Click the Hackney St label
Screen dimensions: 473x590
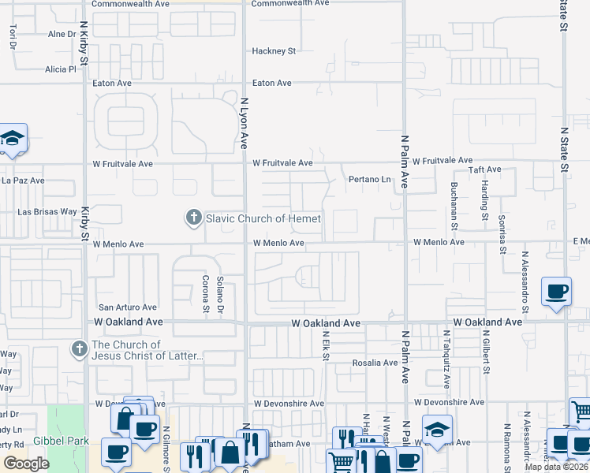pos(273,51)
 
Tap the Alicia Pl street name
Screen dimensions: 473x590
pos(60,69)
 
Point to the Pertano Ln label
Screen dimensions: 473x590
pos(370,180)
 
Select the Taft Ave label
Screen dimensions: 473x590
pos(485,169)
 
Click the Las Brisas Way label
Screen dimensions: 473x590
pos(47,212)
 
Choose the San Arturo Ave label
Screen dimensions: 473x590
pos(127,307)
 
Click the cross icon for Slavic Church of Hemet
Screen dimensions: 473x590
pos(193,218)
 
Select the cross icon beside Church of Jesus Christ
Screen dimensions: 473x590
pos(78,348)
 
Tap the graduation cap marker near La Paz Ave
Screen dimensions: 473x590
pos(12,140)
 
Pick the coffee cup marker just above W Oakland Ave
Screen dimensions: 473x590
pos(556,291)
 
